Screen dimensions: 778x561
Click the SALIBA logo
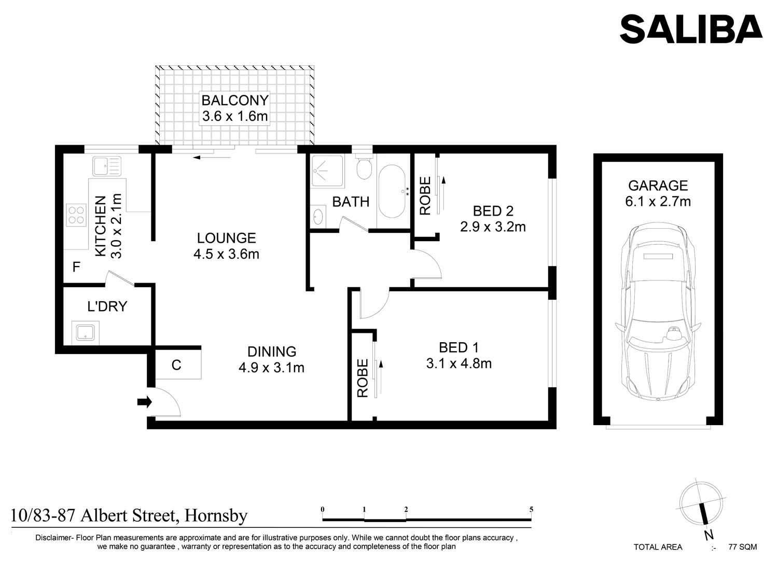pyautogui.click(x=691, y=29)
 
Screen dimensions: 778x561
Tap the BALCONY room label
pyautogui.click(x=235, y=101)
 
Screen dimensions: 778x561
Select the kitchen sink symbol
pyautogui.click(x=107, y=166)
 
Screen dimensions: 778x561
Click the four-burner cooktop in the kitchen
pyautogui.click(x=76, y=215)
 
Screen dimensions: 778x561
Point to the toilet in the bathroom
pyautogui.click(x=364, y=166)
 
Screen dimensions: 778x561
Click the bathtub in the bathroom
pyautogui.click(x=392, y=191)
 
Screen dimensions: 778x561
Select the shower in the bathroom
pyautogui.click(x=327, y=171)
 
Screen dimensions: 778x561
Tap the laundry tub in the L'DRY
pyautogui.click(x=86, y=332)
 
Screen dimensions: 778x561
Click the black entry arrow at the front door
pyautogui.click(x=145, y=402)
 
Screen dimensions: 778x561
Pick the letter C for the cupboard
pyautogui.click(x=176, y=365)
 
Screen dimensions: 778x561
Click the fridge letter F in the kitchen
pyautogui.click(x=76, y=267)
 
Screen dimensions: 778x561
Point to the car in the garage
pyautogui.click(x=658, y=312)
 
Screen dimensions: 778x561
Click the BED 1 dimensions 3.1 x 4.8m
pyautogui.click(x=459, y=363)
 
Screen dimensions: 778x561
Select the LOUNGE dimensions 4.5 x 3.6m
pyautogui.click(x=227, y=254)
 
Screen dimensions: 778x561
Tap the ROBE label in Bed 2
pyautogui.click(x=425, y=196)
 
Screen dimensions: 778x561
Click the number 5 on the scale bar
pyautogui.click(x=531, y=509)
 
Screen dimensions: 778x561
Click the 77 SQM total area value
pyautogui.click(x=743, y=547)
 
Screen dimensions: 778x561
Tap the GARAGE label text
pyautogui.click(x=658, y=186)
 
